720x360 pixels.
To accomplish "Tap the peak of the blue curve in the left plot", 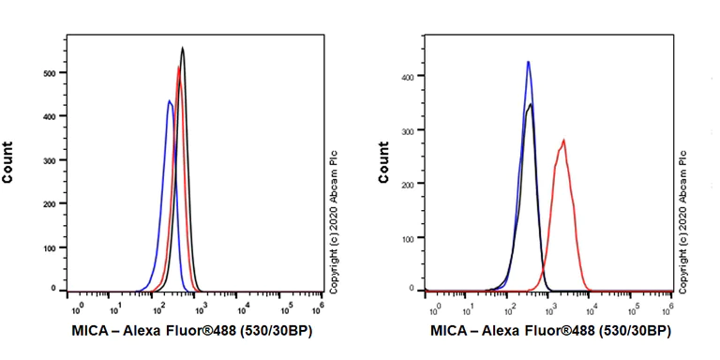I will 169,100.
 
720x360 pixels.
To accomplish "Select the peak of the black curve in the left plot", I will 183,48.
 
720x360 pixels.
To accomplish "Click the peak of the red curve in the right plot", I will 563,141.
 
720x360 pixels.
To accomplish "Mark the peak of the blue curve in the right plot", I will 529,62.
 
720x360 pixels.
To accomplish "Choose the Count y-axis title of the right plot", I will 383,161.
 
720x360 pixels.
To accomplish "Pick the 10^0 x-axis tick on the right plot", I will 434,307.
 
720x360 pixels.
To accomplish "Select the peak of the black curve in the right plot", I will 532,105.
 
